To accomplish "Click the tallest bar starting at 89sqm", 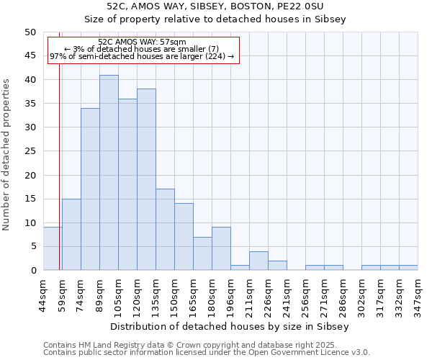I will click(x=109, y=173).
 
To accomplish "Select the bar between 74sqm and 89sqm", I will click(x=90, y=189).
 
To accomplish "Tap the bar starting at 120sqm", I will click(x=146, y=179).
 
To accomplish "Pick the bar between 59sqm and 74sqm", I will click(x=71, y=235).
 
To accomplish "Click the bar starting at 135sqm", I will click(x=165, y=230).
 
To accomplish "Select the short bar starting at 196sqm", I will click(x=240, y=268).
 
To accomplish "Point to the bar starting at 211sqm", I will click(x=258, y=261).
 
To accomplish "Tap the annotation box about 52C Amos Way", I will click(x=142, y=49).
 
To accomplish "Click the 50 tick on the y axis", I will click(x=30, y=32).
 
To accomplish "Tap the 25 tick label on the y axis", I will click(x=30, y=151).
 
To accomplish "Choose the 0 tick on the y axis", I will click(x=33, y=271).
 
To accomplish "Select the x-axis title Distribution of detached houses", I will click(x=230, y=326).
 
